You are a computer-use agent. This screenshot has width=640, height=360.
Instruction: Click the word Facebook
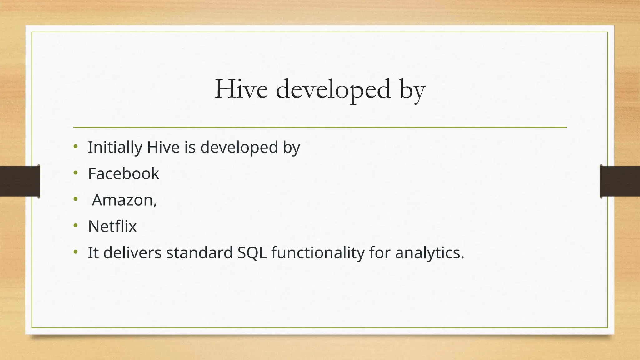[123, 173]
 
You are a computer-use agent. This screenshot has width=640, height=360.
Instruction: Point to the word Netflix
[112, 226]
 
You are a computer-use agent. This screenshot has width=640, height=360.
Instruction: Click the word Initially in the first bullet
[115, 147]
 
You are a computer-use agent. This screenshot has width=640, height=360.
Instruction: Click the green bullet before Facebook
[75, 172]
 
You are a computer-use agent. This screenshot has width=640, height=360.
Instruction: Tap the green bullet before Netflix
[75, 225]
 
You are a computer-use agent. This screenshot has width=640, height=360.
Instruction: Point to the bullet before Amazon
[75, 199]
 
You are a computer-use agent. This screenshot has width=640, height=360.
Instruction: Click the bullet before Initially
[75, 146]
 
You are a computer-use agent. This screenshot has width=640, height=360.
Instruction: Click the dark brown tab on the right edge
[620, 181]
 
